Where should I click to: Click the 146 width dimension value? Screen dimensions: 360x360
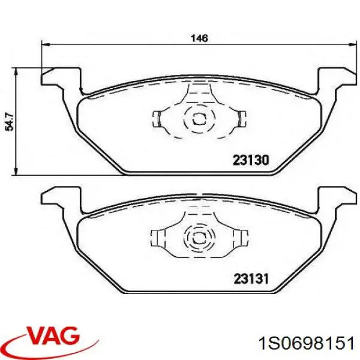point(199,38)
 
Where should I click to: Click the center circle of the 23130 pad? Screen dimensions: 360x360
point(197,118)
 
